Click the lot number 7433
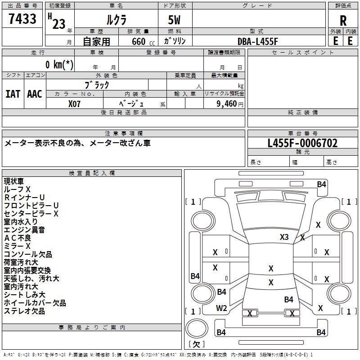pyautogui.click(x=22, y=18)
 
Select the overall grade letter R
pyautogui.click(x=343, y=21)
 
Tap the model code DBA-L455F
pyautogui.click(x=257, y=41)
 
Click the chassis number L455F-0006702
pyautogui.click(x=302, y=143)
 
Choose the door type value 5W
pyautogui.click(x=174, y=20)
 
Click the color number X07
pyautogui.click(x=74, y=104)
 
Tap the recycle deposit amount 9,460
pyautogui.click(x=227, y=104)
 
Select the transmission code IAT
pyautogui.click(x=13, y=94)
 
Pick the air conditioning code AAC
pyautogui.click(x=35, y=94)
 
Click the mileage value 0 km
pyautogui.click(x=59, y=64)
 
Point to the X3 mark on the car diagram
pyautogui.click(x=284, y=237)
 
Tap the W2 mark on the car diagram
pyautogui.click(x=221, y=308)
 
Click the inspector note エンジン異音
pyautogui.click(x=24, y=229)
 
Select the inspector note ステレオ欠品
pyautogui.click(x=24, y=311)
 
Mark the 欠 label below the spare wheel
pyautogui.click(x=197, y=344)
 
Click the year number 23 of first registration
pyautogui.click(x=59, y=24)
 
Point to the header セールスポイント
pyautogui.click(x=302, y=53)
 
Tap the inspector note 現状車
pyautogui.click(x=14, y=181)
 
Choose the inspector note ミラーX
pyautogui.click(x=17, y=246)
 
